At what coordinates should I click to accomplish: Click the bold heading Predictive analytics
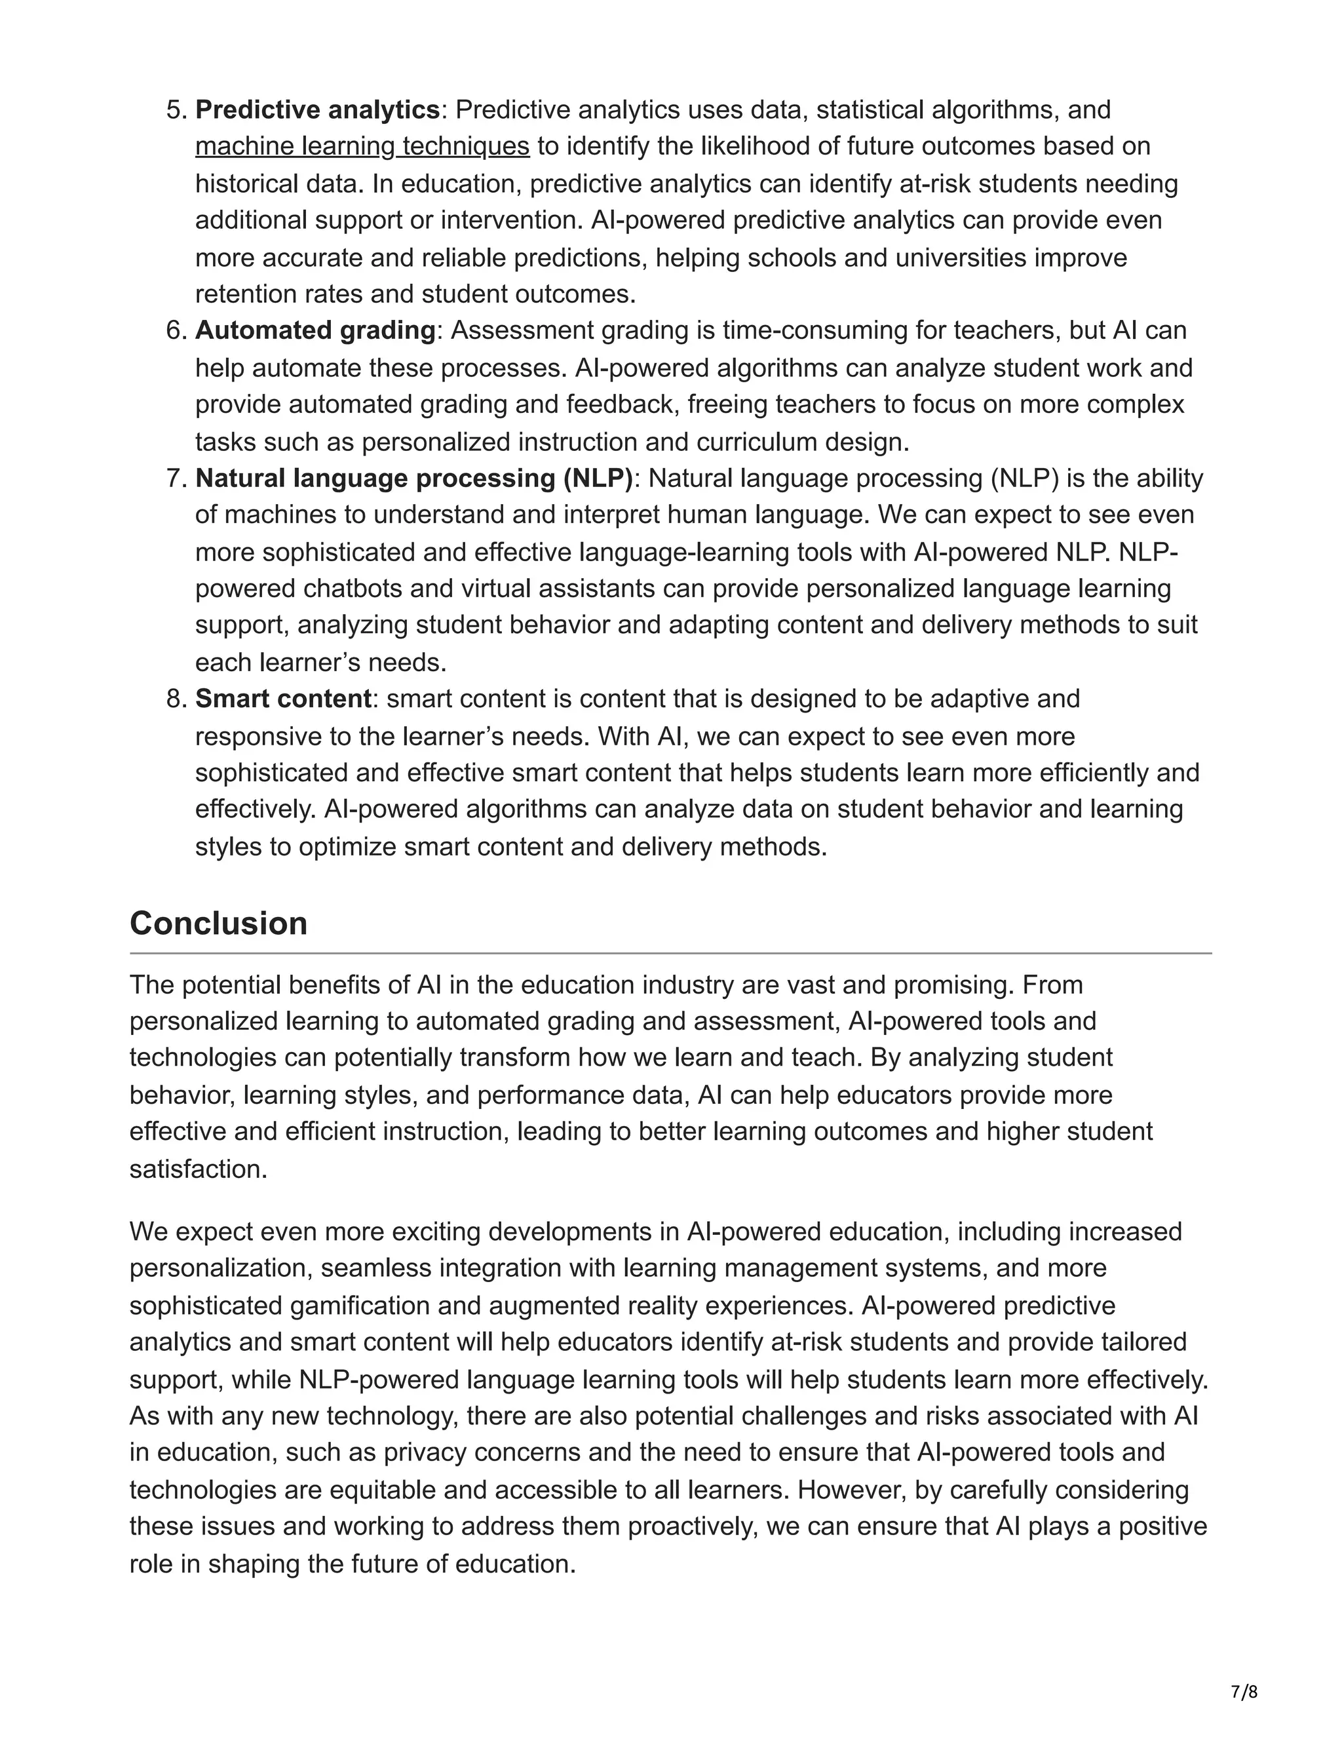point(317,109)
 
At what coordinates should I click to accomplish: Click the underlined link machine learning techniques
point(362,146)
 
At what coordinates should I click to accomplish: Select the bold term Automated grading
point(315,330)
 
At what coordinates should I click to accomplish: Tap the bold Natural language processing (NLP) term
point(414,478)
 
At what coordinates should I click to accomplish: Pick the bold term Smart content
point(283,698)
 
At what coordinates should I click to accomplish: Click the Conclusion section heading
point(219,924)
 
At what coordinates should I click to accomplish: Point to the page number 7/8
point(1244,1685)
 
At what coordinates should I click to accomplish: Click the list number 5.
point(175,109)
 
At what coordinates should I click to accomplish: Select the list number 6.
point(175,330)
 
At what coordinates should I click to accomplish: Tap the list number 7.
point(175,478)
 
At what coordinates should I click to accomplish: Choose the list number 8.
point(175,698)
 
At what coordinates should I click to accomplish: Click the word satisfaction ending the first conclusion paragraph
point(197,1169)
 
